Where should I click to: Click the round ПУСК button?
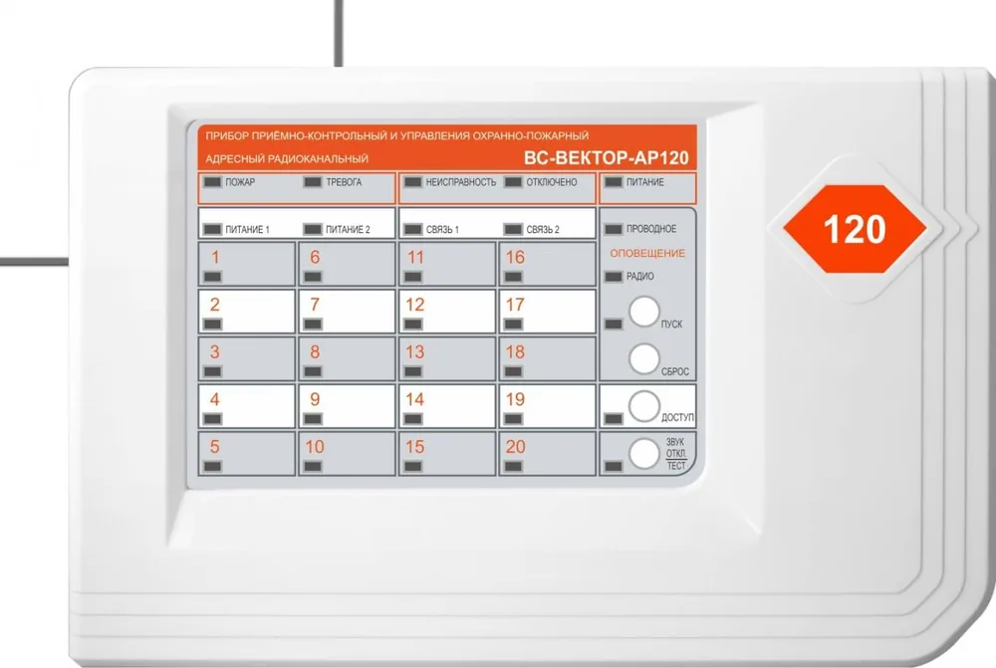(644, 312)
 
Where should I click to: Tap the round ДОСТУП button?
(644, 406)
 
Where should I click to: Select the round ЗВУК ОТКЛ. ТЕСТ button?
(644, 454)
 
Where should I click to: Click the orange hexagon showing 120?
(855, 229)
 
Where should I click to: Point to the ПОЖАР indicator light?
(212, 182)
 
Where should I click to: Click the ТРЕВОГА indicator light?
(313, 182)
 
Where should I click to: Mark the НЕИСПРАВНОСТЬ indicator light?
(413, 182)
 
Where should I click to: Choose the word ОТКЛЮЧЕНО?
(552, 182)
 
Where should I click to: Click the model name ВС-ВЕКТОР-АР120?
(606, 157)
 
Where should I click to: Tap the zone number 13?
(414, 351)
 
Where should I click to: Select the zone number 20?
(515, 447)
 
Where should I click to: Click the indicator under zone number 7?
(313, 325)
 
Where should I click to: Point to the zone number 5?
(215, 447)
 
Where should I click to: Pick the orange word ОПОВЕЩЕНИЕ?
(647, 253)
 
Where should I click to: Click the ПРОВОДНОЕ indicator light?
(614, 229)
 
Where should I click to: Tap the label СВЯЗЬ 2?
(543, 230)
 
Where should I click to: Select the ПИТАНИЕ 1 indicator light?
(212, 229)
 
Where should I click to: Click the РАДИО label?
(639, 276)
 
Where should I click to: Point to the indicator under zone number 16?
(513, 277)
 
